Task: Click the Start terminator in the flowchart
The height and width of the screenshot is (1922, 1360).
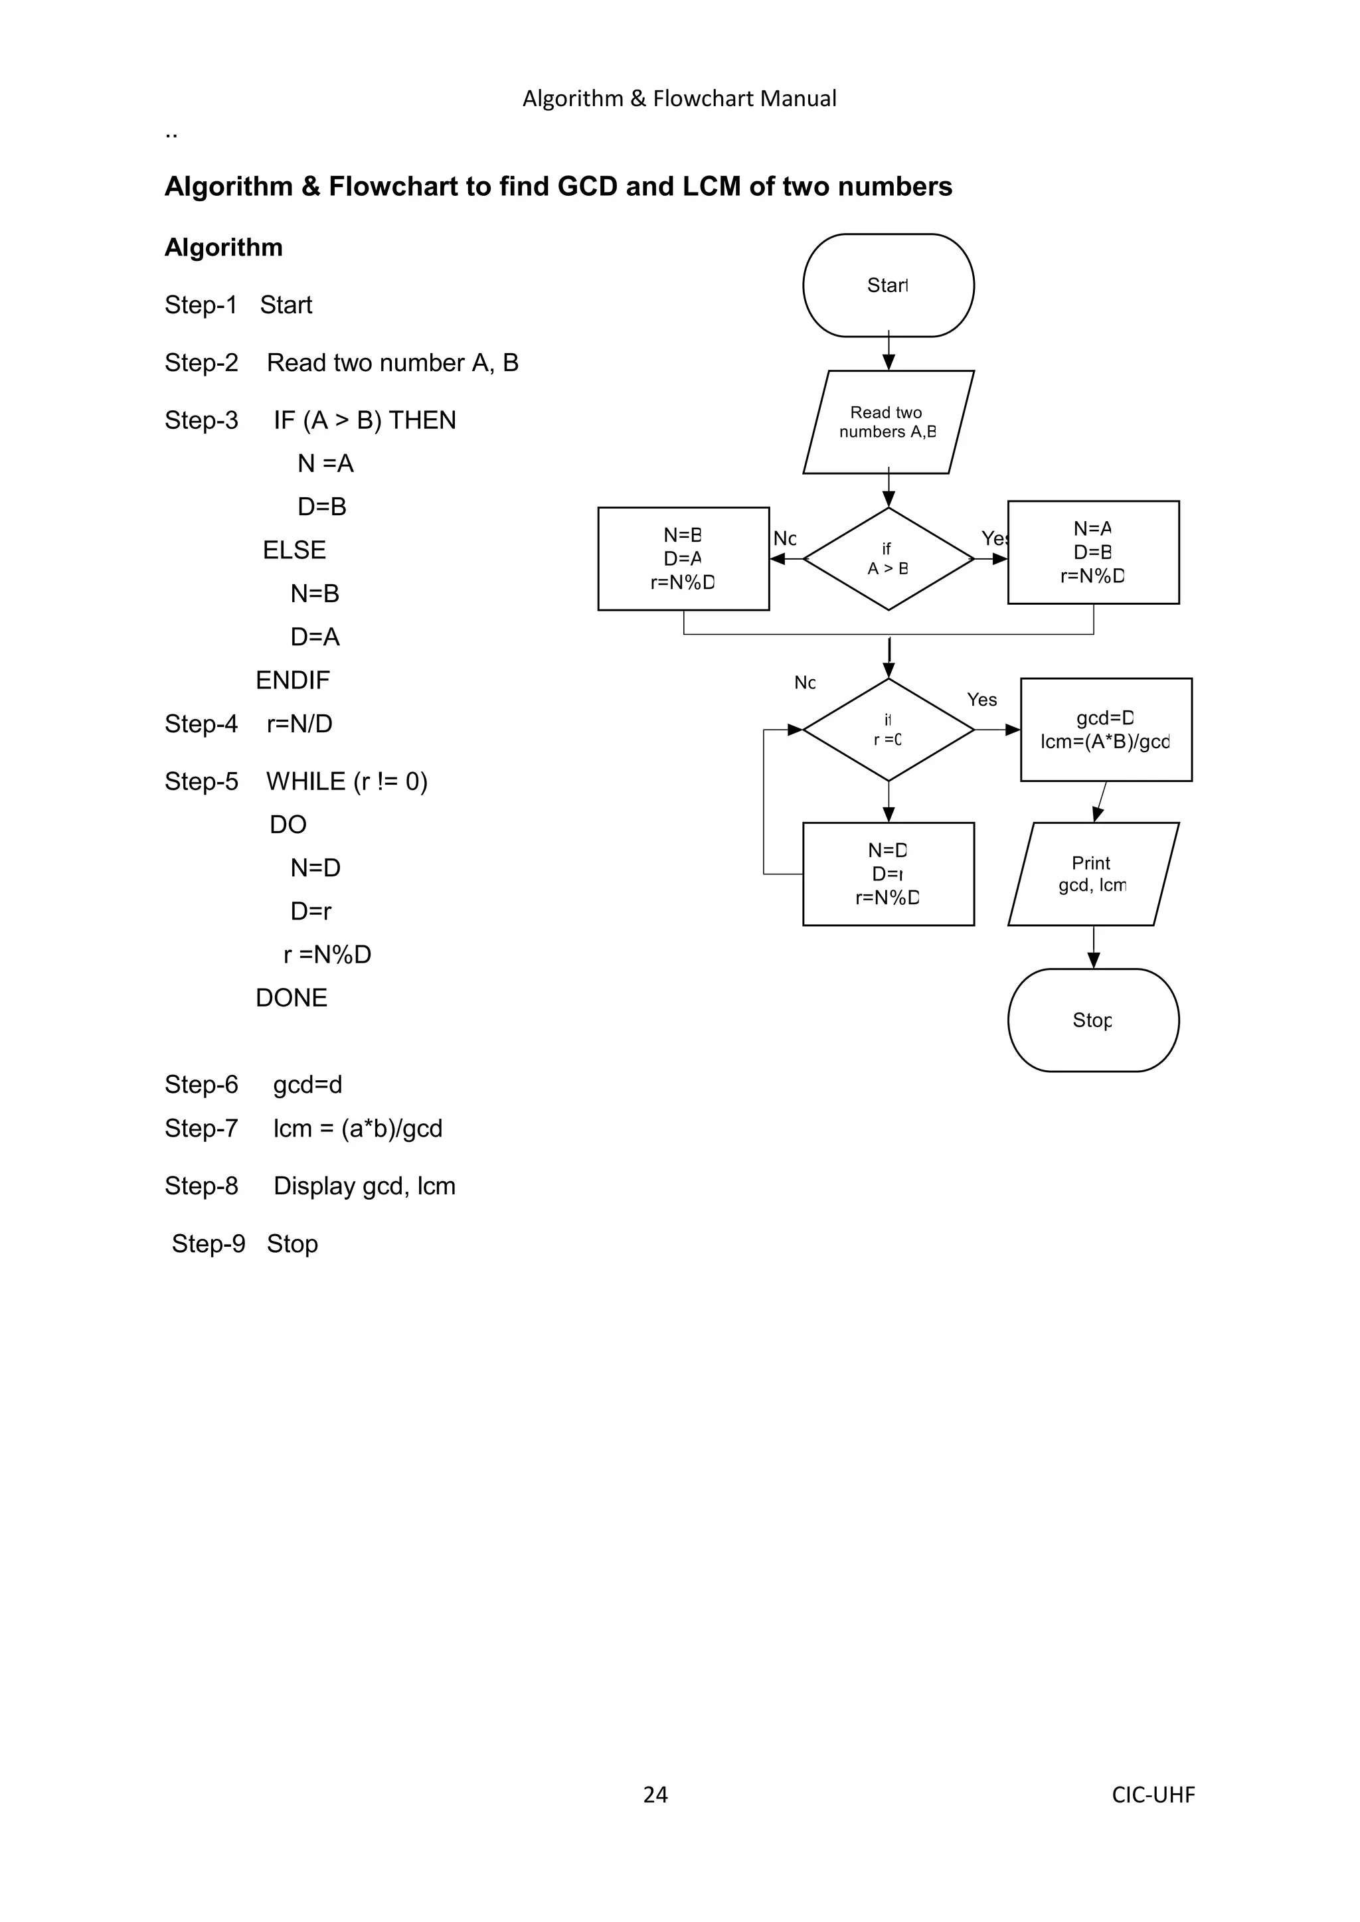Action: point(888,285)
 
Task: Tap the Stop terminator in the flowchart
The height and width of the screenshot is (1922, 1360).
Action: point(1093,1020)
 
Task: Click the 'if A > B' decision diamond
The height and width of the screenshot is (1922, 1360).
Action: point(888,558)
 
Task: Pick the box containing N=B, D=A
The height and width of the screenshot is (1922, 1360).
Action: point(683,558)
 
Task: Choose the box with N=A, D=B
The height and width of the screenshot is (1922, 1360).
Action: point(1093,552)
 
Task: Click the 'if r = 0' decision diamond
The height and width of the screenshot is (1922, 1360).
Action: point(888,729)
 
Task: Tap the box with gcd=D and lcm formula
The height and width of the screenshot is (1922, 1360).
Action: point(1106,729)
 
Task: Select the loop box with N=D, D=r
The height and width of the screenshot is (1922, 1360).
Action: point(888,873)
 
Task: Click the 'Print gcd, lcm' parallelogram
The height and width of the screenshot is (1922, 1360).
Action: point(1093,873)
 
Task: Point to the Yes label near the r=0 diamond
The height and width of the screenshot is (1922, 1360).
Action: point(981,700)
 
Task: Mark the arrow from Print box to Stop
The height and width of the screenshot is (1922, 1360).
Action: point(1094,947)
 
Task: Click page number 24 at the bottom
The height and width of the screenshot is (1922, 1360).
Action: point(655,1794)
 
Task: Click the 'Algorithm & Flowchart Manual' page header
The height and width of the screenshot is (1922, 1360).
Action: point(679,99)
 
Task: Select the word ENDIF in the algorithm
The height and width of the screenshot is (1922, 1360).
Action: point(293,680)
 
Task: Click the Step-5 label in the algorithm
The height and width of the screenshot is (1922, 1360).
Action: point(201,781)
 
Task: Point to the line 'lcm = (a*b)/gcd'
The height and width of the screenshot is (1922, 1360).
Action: point(357,1129)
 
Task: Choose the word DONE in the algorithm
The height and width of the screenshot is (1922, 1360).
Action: point(292,998)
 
